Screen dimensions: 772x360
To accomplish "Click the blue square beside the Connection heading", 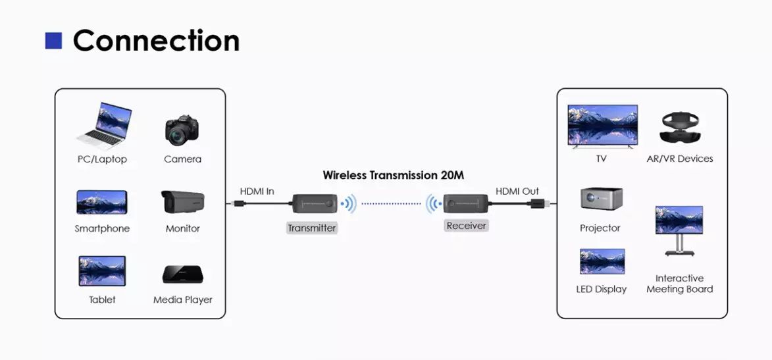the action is point(54,41).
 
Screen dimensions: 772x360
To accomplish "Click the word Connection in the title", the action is point(156,40).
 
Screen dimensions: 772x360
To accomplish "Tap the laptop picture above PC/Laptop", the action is point(104,126).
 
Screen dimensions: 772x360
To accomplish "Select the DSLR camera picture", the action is point(182,130).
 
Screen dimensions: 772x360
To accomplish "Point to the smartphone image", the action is point(102,202).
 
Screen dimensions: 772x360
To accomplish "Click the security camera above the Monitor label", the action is point(183,202).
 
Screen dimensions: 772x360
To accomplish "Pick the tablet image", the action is point(103,271).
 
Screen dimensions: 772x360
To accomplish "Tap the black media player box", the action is point(183,274).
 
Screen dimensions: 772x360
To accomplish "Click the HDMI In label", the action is point(257,191).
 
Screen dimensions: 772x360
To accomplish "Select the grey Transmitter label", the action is point(312,228).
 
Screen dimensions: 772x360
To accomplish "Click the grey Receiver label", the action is point(466,226).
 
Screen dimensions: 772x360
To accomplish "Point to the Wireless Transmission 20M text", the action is point(394,175).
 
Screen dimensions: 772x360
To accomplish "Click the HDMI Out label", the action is point(517,191).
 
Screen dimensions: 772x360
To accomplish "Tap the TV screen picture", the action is point(603,125).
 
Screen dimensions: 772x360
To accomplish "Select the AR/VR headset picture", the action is point(680,128).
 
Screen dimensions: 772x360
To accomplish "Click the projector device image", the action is point(601,199).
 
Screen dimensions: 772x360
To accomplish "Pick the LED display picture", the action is point(602,261).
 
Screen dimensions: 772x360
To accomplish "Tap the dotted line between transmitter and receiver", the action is point(391,203).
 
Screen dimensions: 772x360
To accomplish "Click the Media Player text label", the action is point(183,299).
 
